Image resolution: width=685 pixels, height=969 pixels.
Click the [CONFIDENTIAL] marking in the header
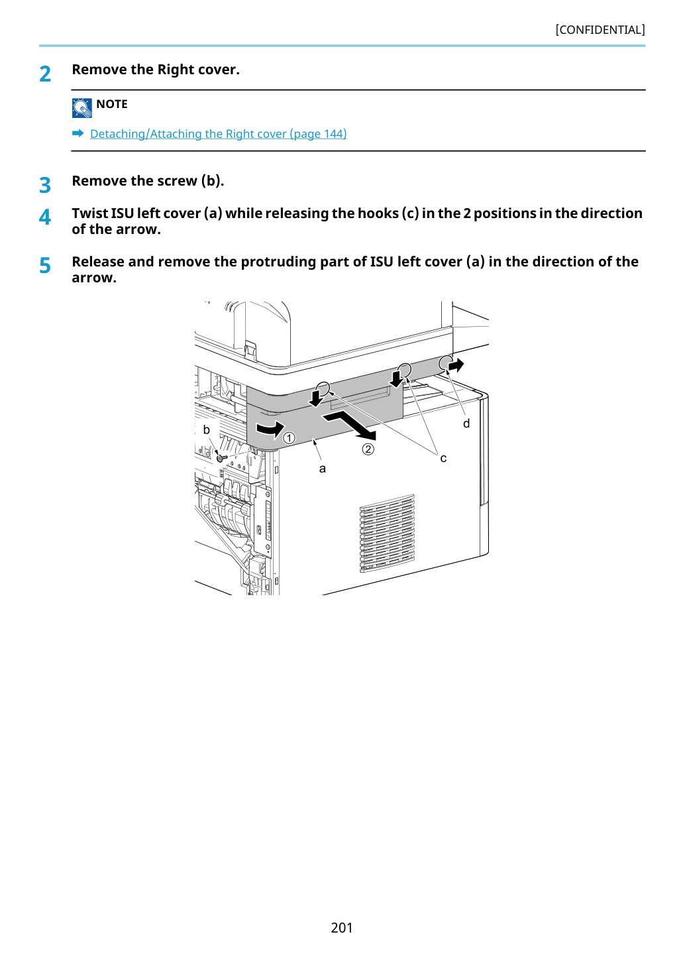click(600, 30)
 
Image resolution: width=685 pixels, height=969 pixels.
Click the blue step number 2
click(45, 74)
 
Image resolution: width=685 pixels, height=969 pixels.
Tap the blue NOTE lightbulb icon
click(81, 108)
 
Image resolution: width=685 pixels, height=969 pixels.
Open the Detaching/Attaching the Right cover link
click(219, 134)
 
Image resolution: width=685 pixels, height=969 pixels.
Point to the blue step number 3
click(45, 185)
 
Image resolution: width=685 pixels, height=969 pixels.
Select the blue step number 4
click(45, 217)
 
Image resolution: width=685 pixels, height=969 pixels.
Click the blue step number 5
click(45, 266)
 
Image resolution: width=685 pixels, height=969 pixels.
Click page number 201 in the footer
click(342, 927)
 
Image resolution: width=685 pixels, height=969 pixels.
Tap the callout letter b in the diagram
click(206, 429)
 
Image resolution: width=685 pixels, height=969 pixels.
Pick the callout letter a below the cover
click(322, 469)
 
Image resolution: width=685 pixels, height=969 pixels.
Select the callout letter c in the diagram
click(443, 458)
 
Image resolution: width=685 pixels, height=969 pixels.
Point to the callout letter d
click(466, 423)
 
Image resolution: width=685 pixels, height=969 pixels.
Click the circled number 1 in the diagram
click(289, 438)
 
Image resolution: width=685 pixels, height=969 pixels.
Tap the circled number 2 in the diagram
click(368, 449)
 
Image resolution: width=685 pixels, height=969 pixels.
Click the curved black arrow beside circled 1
click(271, 429)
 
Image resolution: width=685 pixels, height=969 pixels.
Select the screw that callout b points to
click(221, 458)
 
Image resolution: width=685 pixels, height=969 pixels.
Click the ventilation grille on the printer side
click(387, 533)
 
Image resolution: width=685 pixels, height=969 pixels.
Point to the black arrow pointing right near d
click(456, 366)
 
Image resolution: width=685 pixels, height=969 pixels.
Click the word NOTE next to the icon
click(111, 104)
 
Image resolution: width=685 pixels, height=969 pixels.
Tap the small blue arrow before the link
click(78, 133)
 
